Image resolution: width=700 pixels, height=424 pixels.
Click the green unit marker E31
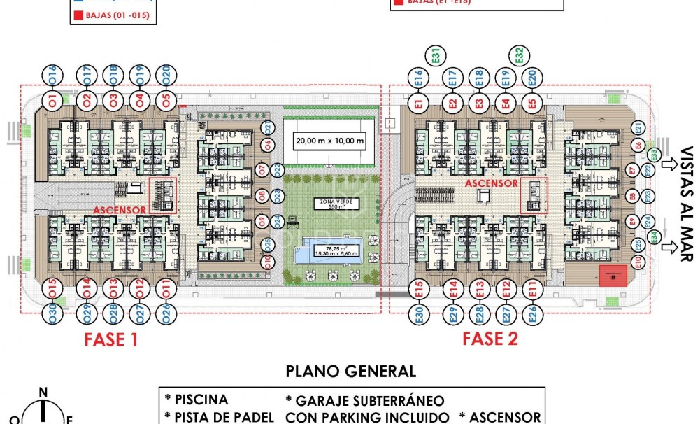tap(435, 55)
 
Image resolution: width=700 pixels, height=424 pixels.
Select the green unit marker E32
tap(518, 55)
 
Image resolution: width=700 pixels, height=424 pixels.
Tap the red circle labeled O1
tap(52, 99)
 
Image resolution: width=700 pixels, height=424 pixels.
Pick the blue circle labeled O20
tap(166, 74)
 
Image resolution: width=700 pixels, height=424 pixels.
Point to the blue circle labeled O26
tap(166, 313)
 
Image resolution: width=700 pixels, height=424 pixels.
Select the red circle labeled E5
tap(532, 104)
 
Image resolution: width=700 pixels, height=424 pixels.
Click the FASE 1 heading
tap(110, 340)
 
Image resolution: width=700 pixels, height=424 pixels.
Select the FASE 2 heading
tap(490, 339)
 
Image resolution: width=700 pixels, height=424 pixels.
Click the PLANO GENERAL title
tap(351, 372)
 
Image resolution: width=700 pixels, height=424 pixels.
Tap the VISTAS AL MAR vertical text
tap(686, 204)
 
